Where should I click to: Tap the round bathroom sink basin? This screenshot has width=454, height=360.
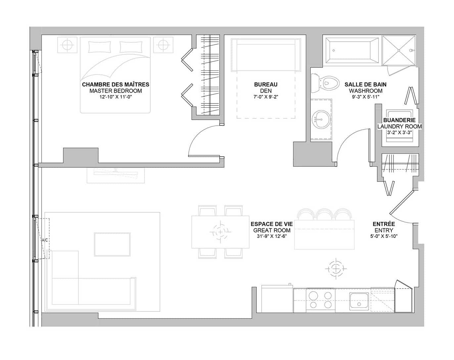coord(320,119)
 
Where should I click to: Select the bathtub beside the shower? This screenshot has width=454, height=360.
coord(352,50)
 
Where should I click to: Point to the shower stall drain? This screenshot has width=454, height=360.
coord(399,50)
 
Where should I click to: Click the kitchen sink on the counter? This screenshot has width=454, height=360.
coord(359,301)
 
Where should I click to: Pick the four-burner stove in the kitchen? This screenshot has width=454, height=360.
coord(320,300)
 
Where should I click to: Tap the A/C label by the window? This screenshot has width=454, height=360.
coord(45,240)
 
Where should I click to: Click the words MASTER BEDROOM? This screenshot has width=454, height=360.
coord(115,91)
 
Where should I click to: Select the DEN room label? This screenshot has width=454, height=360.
coord(266,91)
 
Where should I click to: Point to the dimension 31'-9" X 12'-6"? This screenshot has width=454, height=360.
coord(272,236)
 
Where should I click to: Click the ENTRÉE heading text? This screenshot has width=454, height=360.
coord(384,224)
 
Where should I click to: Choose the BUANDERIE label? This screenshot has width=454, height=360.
coord(399,120)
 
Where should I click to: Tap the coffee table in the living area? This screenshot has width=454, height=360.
coord(112,245)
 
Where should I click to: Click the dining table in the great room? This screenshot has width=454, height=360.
coord(220,232)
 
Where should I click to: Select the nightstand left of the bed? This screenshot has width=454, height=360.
coord(67,45)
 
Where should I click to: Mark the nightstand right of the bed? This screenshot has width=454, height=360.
coord(163,45)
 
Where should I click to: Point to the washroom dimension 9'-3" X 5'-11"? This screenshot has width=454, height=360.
coord(366,97)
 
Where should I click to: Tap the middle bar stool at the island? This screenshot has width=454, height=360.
coord(324,215)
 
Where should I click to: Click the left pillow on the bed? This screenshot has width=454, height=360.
coord(100,47)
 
